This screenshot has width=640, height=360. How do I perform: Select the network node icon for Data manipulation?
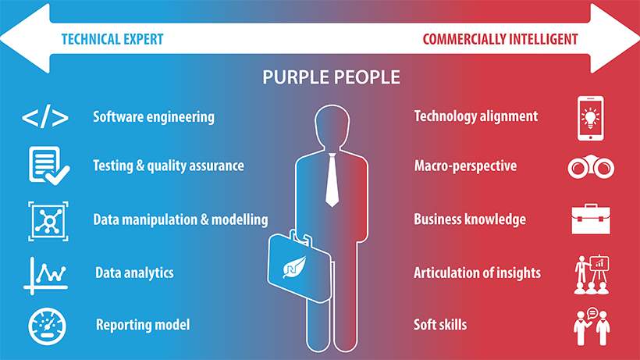pos(48,221)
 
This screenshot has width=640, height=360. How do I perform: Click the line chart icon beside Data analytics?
pos(46,276)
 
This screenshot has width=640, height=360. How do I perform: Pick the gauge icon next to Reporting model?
pos(47,326)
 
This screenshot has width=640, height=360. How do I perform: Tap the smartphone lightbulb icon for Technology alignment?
pos(590,119)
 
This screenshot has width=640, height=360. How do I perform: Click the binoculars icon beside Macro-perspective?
pos(591,167)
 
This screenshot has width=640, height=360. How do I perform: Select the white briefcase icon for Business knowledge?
pos(591,219)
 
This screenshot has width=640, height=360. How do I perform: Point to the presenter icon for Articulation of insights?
pos(592,275)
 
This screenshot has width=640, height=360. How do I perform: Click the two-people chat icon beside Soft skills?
pos(592,326)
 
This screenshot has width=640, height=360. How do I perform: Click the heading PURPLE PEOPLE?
pos(331,77)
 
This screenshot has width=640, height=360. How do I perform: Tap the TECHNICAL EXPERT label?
pos(112,39)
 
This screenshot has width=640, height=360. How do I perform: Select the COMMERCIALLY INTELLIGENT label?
pos(500,39)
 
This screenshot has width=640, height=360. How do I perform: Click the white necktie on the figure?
pos(332,180)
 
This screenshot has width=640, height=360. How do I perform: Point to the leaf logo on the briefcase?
pos(294,267)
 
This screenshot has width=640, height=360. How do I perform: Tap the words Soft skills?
pos(440,325)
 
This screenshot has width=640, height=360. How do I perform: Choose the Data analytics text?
pos(134,273)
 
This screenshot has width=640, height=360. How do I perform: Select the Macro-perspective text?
pos(465,166)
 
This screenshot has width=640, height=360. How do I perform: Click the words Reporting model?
pos(143,325)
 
